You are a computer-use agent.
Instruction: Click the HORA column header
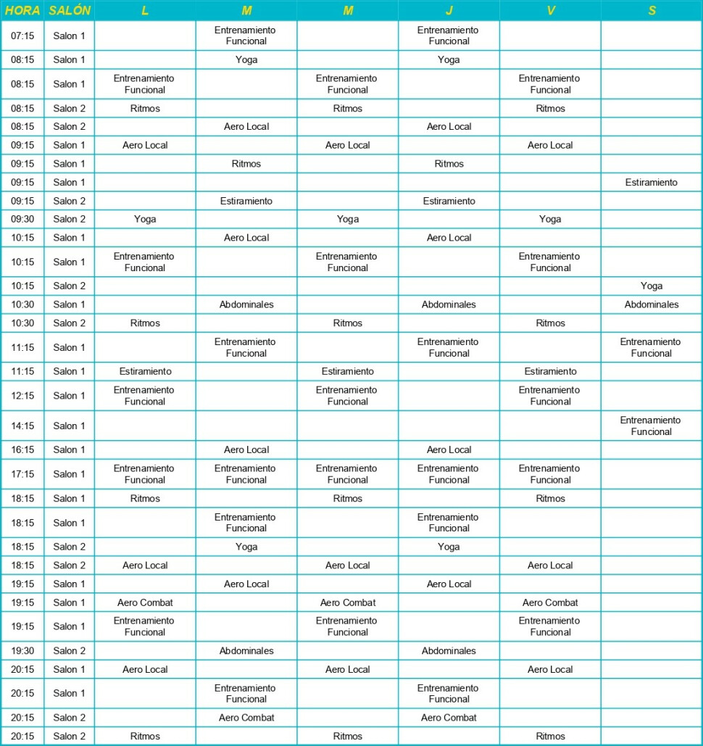click(x=22, y=11)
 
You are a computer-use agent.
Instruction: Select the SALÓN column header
click(x=70, y=11)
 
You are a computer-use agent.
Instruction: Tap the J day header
click(x=449, y=11)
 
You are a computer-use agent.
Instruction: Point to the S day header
click(x=651, y=11)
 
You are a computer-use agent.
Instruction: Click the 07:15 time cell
click(x=22, y=36)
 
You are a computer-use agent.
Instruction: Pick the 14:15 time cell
click(x=22, y=426)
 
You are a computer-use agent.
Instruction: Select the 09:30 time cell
click(x=22, y=219)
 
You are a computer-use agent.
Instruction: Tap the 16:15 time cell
click(x=22, y=449)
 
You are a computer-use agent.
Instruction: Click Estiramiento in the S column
click(x=651, y=183)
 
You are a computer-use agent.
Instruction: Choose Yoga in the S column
click(x=651, y=286)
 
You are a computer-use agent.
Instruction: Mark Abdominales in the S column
click(x=651, y=304)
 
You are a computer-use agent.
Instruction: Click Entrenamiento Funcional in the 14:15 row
click(x=651, y=426)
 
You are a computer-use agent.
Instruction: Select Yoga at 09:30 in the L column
click(x=145, y=219)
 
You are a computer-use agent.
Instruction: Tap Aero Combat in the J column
click(x=449, y=718)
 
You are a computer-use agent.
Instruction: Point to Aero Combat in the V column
click(x=550, y=602)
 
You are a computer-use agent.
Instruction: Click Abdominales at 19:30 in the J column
click(x=449, y=651)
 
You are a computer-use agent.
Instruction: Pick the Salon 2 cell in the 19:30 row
click(x=70, y=651)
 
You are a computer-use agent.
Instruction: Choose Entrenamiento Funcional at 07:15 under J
click(x=449, y=36)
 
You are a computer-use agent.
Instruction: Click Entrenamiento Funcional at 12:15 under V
click(x=550, y=396)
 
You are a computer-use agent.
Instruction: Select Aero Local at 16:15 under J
click(x=449, y=449)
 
